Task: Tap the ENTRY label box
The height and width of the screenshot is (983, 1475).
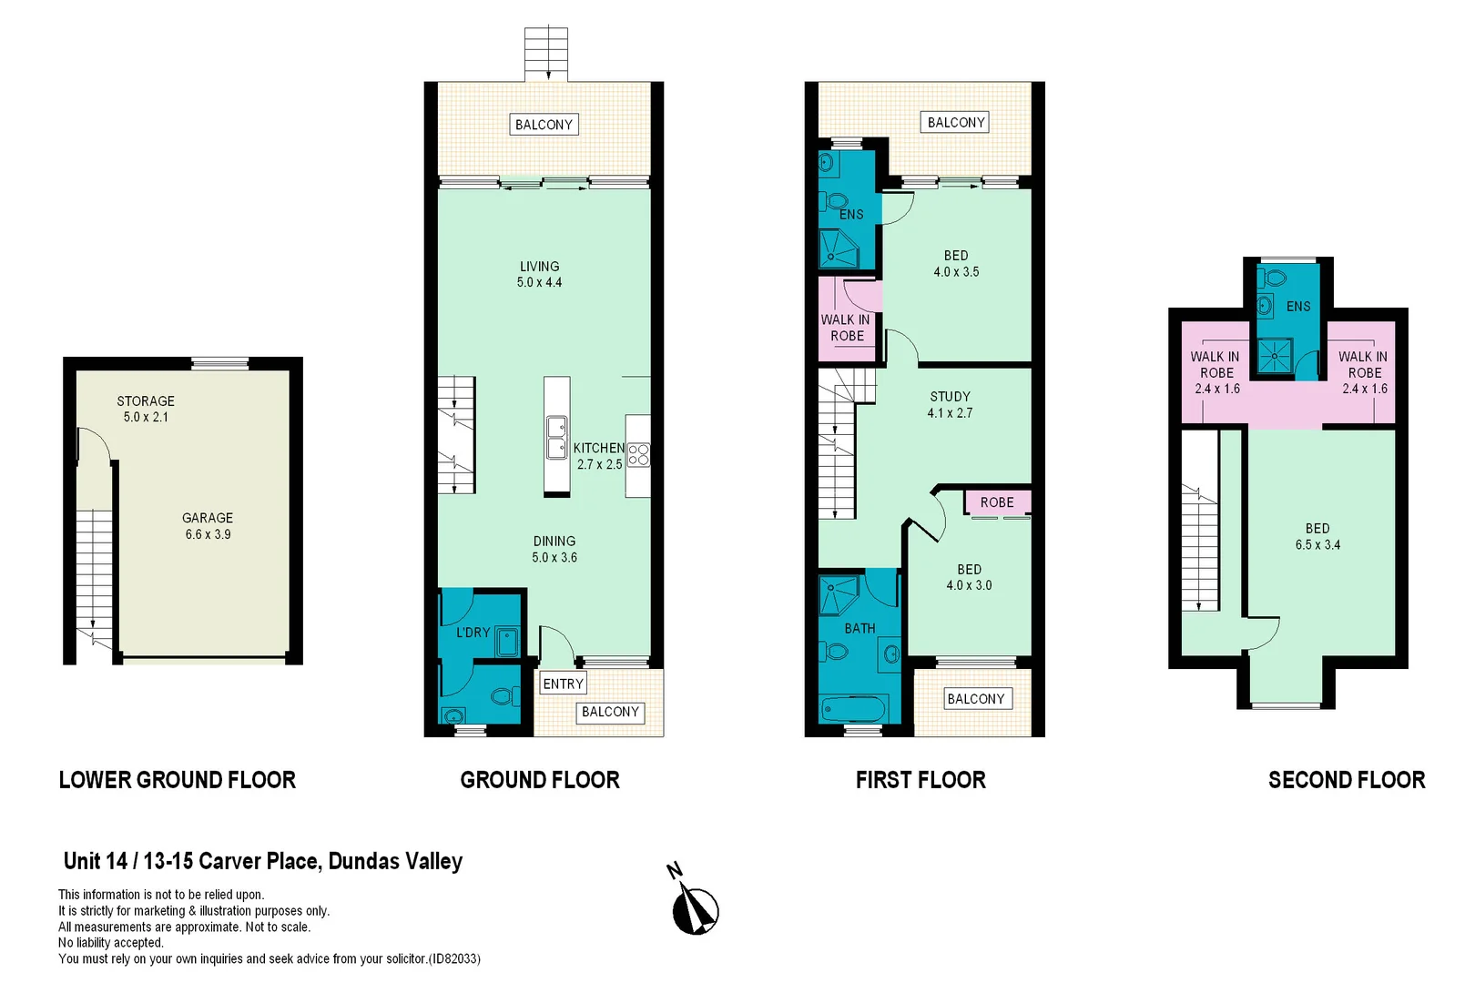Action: pyautogui.click(x=563, y=684)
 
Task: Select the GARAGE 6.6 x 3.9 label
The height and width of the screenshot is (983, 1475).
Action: pyautogui.click(x=208, y=526)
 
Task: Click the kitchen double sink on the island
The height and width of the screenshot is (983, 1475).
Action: pyautogui.click(x=556, y=438)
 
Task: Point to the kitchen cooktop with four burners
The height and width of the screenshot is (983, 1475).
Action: pyautogui.click(x=638, y=454)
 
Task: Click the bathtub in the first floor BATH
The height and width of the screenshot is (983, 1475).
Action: pyautogui.click(x=853, y=708)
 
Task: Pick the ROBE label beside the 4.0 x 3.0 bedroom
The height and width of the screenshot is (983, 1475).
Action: pyautogui.click(x=996, y=502)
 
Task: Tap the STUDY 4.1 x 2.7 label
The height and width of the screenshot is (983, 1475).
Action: pyautogui.click(x=950, y=404)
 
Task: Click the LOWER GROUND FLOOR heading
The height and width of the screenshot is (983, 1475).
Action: pyautogui.click(x=178, y=780)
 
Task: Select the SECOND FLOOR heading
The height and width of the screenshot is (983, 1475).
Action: pyautogui.click(x=1346, y=780)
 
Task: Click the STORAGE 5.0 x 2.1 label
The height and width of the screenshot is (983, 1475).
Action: pyautogui.click(x=146, y=409)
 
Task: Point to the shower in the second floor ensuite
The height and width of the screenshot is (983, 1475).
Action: pyautogui.click(x=1275, y=356)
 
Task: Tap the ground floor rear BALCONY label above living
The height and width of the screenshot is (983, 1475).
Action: pyautogui.click(x=544, y=125)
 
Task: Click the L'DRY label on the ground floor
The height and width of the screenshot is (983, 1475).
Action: pyautogui.click(x=473, y=632)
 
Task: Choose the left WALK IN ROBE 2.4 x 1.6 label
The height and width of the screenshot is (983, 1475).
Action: pyautogui.click(x=1216, y=372)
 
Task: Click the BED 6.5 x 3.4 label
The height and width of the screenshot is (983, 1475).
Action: pyautogui.click(x=1317, y=536)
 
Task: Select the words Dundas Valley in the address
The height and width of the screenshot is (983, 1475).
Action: pyautogui.click(x=395, y=861)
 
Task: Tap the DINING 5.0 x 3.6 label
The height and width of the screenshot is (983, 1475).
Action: pyautogui.click(x=554, y=549)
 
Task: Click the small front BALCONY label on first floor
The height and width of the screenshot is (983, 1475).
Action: pyautogui.click(x=975, y=699)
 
